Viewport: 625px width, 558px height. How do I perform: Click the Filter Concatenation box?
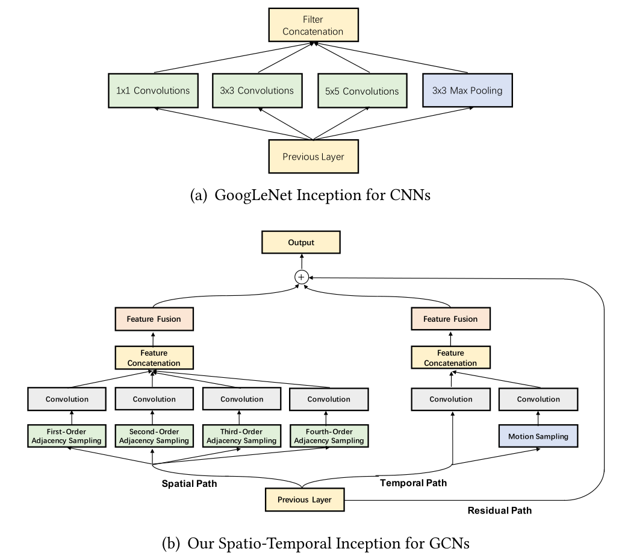tap(313, 25)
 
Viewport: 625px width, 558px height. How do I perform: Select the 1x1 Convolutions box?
tap(153, 91)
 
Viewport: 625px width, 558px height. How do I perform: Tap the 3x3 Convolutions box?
tap(257, 91)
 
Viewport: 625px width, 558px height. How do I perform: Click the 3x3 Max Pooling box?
tap(467, 91)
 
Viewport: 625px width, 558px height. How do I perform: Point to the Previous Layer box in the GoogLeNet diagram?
tap(313, 157)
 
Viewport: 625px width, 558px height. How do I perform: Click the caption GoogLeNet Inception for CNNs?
tap(310, 196)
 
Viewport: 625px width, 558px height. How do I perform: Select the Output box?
tap(301, 243)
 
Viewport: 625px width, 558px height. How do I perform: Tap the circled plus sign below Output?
tap(301, 276)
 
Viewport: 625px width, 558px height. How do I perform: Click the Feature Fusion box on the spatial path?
tap(154, 319)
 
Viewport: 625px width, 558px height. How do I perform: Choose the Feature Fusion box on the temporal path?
tap(450, 319)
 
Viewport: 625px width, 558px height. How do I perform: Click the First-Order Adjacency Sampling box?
tap(67, 436)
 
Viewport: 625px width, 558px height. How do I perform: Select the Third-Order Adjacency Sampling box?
tap(241, 436)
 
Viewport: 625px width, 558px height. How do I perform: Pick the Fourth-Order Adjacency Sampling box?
tap(329, 436)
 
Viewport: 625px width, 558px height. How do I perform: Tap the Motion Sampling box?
tap(538, 436)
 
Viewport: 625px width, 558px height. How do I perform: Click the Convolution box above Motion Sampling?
tap(538, 399)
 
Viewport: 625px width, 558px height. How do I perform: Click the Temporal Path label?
tap(413, 483)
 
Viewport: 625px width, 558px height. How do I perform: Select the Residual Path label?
tap(499, 510)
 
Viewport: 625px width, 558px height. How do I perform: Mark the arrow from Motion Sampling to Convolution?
tap(538, 417)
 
